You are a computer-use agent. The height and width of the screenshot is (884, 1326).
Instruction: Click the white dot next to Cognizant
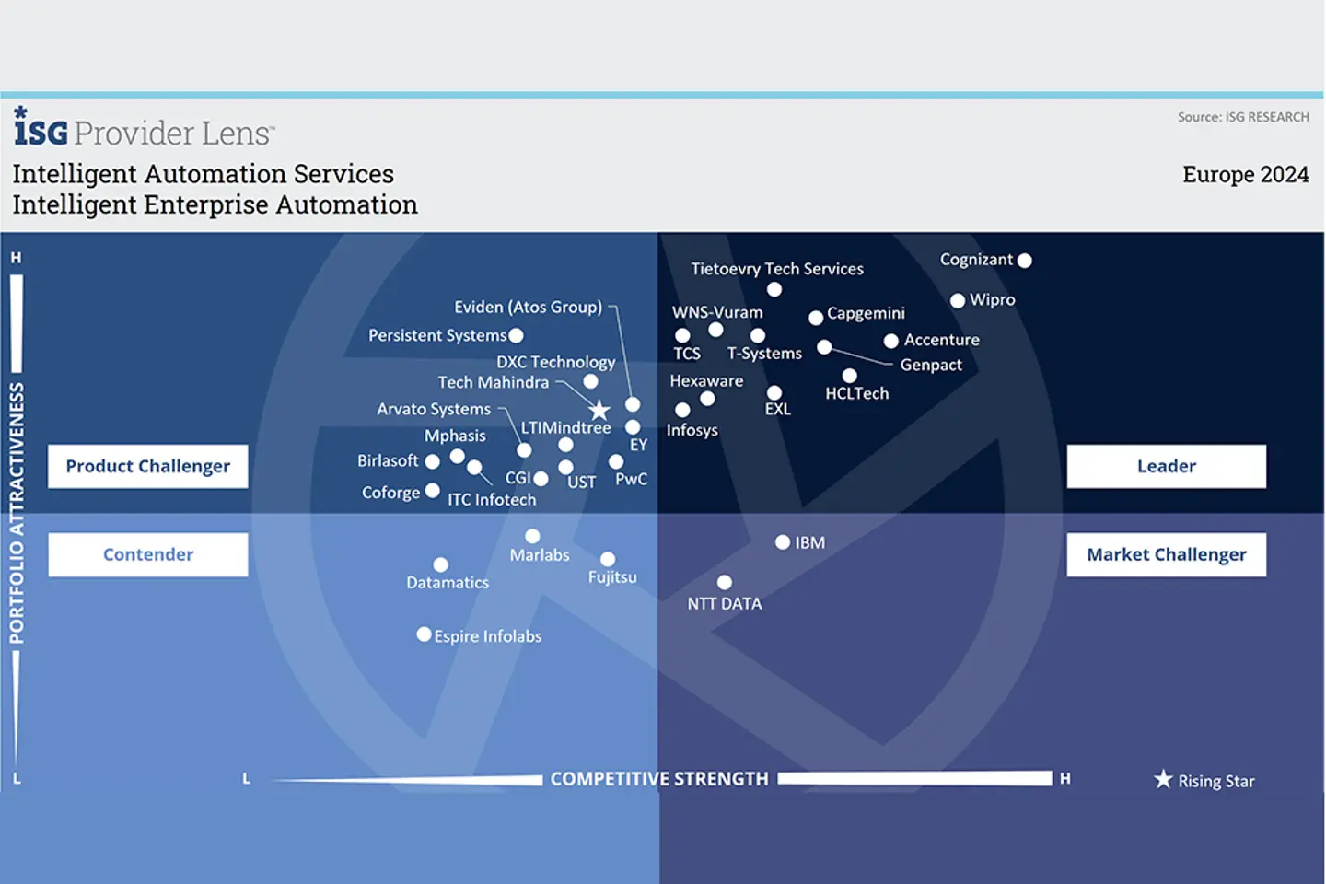click(1025, 261)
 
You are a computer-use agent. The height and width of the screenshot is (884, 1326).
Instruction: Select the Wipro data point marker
click(958, 300)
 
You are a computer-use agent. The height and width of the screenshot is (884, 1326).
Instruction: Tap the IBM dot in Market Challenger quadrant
click(783, 542)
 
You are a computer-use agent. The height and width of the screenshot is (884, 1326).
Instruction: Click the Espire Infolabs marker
click(424, 634)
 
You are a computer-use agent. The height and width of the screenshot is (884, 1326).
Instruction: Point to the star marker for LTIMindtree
click(599, 410)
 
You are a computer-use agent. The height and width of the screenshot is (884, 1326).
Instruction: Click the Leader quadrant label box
click(1166, 467)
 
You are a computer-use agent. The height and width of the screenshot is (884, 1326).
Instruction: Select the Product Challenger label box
click(148, 467)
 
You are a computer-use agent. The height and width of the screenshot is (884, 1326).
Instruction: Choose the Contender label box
click(148, 554)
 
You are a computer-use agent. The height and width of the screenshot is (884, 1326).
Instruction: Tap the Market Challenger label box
click(1166, 554)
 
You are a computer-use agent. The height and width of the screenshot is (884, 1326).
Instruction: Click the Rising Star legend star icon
click(1163, 780)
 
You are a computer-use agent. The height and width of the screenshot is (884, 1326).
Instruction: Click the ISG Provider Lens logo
click(144, 129)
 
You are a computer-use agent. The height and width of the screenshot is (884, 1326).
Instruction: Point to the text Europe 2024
click(1245, 175)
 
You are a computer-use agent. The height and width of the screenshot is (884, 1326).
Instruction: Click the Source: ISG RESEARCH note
click(1242, 117)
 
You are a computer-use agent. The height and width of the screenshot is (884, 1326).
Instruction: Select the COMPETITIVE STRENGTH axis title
click(659, 779)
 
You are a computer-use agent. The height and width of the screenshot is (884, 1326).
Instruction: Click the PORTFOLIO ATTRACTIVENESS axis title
click(17, 512)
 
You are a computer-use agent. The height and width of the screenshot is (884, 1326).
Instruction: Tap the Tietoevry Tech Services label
click(777, 269)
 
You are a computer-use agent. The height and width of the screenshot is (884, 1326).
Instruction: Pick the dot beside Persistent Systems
click(517, 336)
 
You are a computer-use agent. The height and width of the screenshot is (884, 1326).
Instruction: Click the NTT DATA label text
click(725, 604)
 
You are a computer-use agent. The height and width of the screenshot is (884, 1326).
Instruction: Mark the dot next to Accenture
click(891, 341)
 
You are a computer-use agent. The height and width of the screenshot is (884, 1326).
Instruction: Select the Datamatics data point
click(441, 564)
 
